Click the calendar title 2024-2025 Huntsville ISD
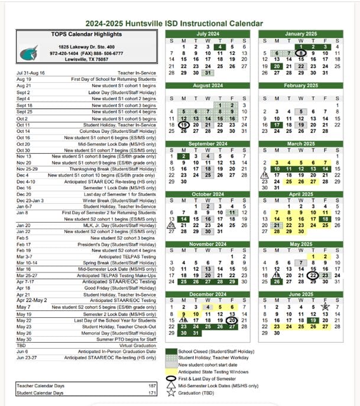[x=174, y=23]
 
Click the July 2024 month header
[x=207, y=34]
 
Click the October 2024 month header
[x=207, y=194]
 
